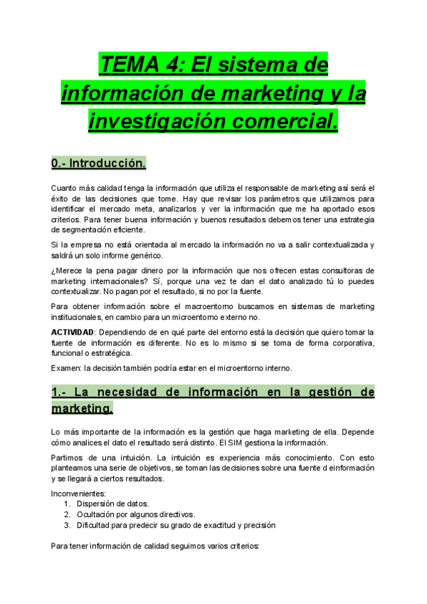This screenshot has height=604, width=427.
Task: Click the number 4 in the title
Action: pos(172,66)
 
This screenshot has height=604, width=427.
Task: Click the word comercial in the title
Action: pos(285,120)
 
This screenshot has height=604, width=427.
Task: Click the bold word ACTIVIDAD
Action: pos(73,333)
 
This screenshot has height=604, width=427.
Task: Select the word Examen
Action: pos(66,368)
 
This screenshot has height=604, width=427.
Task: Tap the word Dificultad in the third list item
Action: pos(95,525)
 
